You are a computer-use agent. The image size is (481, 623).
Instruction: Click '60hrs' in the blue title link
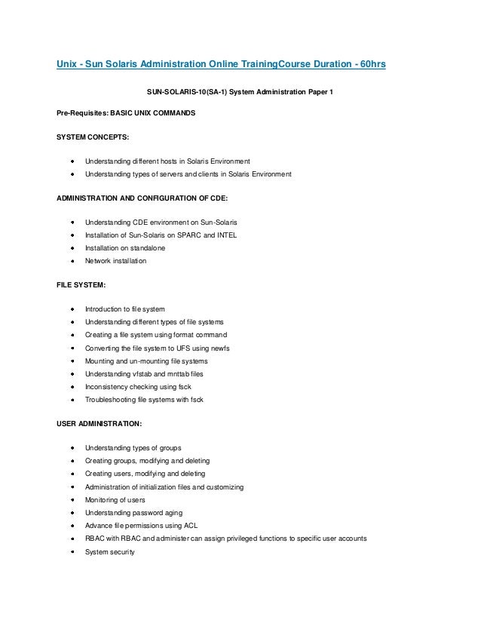tap(370, 65)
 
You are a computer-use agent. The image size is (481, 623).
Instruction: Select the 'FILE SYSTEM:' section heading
tap(81, 286)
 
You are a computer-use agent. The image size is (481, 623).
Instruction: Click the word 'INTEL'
tap(225, 235)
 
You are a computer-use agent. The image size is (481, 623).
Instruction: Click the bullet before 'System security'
tap(72, 551)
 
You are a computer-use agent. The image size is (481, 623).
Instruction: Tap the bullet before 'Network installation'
tap(72, 261)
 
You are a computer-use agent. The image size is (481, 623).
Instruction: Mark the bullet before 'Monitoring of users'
tap(72, 500)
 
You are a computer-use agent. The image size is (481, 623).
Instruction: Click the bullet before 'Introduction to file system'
tap(72, 309)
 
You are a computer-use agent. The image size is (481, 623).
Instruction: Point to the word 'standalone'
tap(146, 248)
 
